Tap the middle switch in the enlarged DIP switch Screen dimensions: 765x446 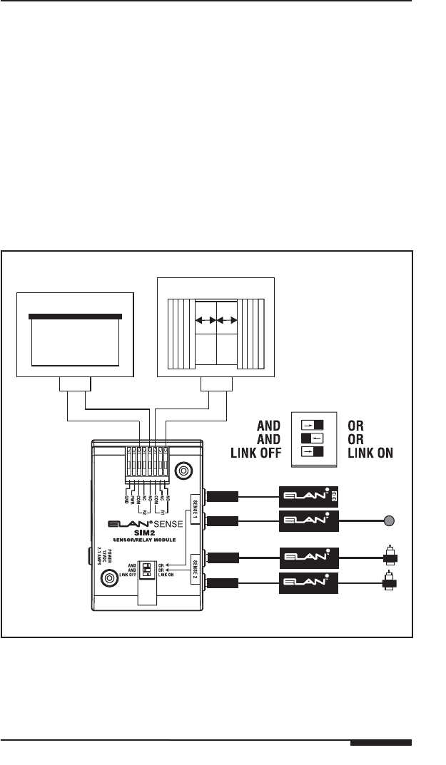tap(313, 436)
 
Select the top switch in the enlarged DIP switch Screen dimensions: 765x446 tap(313, 421)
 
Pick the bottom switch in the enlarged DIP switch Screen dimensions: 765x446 tap(313, 451)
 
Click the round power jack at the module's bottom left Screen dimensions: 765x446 tap(109, 578)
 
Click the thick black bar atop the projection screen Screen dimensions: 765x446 tap(75, 316)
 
